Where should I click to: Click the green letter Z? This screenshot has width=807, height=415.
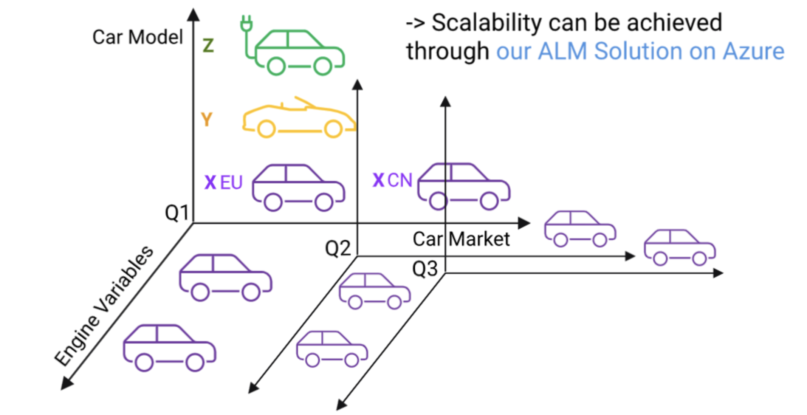(x=208, y=46)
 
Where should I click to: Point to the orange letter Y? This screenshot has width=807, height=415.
(x=207, y=119)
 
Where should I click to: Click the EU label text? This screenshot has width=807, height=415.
(x=231, y=183)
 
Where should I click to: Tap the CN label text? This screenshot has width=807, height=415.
(x=400, y=180)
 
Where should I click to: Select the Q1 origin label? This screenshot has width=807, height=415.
(x=177, y=213)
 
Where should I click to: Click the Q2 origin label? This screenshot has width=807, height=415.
(x=338, y=249)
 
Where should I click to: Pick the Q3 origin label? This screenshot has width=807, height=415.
(x=424, y=269)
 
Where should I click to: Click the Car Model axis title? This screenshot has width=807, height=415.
(x=138, y=37)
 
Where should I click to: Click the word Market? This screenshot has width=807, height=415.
(x=479, y=239)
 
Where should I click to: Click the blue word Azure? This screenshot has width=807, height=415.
(x=753, y=51)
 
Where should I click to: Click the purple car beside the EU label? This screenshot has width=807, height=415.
(x=299, y=187)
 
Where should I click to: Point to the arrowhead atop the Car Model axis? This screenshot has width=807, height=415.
(x=194, y=15)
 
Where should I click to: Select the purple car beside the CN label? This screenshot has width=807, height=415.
(x=464, y=186)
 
